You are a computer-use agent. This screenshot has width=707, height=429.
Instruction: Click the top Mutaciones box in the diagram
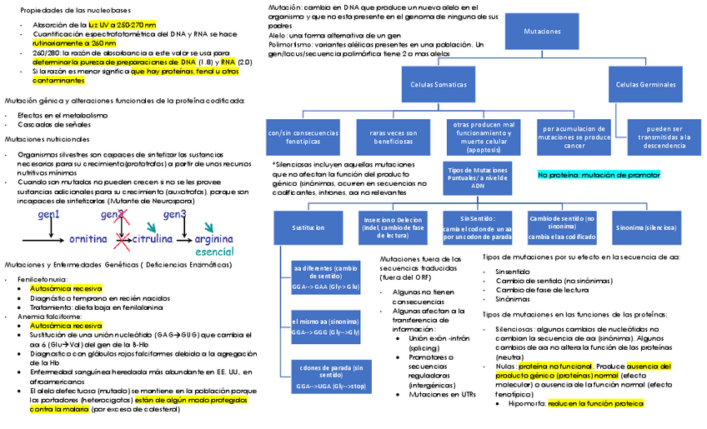[542, 31]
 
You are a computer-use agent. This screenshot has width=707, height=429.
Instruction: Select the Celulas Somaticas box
[439, 84]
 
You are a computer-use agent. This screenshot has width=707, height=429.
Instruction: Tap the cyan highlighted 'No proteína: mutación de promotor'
[599, 174]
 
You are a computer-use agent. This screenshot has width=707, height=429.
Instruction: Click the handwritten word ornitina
[88, 239]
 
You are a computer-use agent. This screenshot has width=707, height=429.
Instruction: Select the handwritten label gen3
[173, 215]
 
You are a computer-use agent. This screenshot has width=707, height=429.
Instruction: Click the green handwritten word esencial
[214, 251]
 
